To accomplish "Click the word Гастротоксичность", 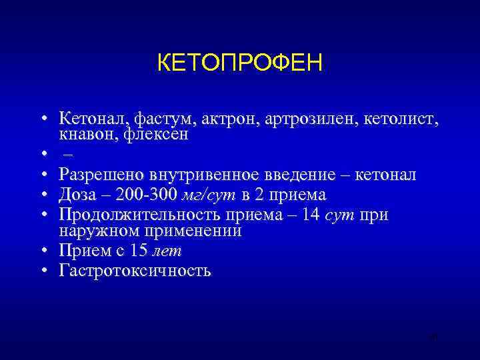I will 135,271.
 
